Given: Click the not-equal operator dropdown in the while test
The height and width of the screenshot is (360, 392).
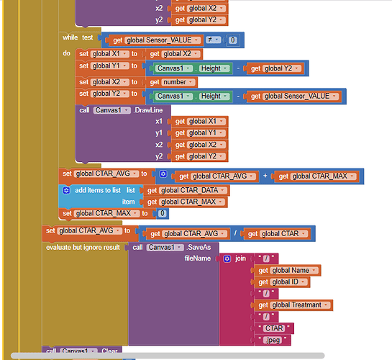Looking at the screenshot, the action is click(x=213, y=40).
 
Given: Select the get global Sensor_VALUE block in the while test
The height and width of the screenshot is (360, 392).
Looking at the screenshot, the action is click(x=154, y=40).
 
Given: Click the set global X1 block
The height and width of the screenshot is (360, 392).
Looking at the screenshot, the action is click(x=109, y=54).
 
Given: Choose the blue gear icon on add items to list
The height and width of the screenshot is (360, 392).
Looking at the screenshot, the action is click(x=66, y=190).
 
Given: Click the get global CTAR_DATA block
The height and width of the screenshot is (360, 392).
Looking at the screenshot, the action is click(x=186, y=191).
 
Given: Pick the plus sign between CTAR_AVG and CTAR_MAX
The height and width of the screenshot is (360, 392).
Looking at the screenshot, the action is click(x=265, y=176).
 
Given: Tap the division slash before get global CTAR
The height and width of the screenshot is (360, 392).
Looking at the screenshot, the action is click(x=235, y=233).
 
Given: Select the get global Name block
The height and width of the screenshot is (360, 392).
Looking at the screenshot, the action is click(x=287, y=271).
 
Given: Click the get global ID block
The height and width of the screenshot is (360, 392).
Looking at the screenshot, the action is click(x=281, y=282).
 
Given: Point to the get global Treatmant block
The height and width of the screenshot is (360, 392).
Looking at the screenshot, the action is click(x=293, y=305).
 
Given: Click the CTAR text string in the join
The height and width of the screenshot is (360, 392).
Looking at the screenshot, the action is click(x=274, y=328).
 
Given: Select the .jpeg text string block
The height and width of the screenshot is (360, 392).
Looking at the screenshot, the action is click(x=273, y=340).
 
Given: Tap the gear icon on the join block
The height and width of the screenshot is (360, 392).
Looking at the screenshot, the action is click(x=227, y=258).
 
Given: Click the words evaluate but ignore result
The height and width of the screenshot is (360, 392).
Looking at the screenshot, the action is click(x=83, y=248).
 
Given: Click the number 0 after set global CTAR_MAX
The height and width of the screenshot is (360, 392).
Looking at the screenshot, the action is click(x=163, y=213).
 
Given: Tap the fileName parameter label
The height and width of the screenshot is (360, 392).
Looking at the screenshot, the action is click(x=198, y=258).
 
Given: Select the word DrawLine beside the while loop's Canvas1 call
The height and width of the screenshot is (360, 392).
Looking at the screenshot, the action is click(x=149, y=110).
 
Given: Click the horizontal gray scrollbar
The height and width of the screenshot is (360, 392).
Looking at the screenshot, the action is click(x=168, y=355).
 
